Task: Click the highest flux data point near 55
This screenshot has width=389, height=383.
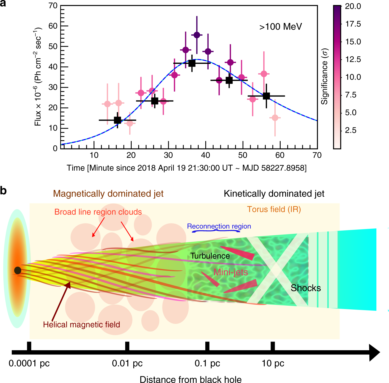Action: coord(197,35)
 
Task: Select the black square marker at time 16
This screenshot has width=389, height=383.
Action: coord(118,120)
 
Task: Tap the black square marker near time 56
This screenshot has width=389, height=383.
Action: coord(266,96)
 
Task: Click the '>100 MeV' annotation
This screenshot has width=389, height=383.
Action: coord(280,27)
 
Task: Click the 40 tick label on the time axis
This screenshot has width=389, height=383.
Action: coord(206,155)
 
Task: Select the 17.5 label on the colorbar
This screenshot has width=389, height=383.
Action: coord(353,24)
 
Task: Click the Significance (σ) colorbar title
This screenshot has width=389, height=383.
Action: coord(324,77)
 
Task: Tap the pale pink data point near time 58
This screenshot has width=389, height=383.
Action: coord(275,118)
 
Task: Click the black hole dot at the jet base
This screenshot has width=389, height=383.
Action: coord(18,270)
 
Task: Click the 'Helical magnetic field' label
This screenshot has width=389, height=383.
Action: coord(81,324)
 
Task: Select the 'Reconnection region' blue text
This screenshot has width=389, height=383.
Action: coord(219,226)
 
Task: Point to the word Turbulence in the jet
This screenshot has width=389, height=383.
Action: coord(210,256)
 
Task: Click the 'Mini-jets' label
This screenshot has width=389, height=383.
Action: coord(230,272)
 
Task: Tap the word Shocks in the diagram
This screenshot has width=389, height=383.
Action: coord(306,288)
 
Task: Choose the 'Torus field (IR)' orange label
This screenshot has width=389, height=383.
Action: coord(274,209)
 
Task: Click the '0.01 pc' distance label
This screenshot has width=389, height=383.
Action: coord(127,363)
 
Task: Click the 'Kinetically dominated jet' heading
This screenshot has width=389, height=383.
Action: coord(274,194)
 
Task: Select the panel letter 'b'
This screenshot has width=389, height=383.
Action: coord(3,191)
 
